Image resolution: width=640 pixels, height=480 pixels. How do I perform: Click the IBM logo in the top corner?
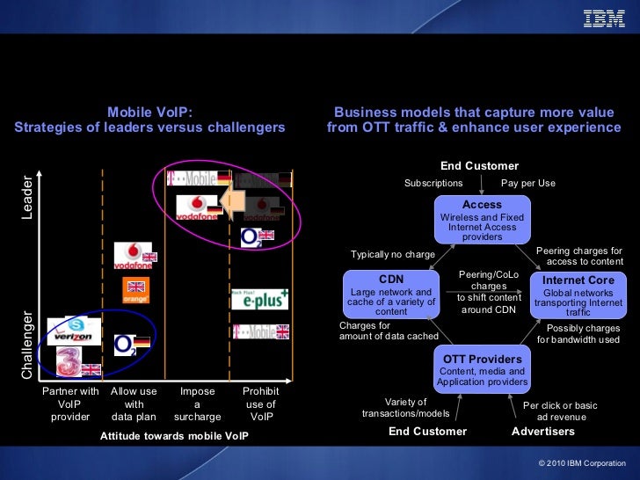click(x=604, y=18)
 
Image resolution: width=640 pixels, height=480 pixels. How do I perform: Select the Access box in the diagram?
click(x=482, y=221)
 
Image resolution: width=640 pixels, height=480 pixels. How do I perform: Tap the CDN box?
click(x=391, y=295)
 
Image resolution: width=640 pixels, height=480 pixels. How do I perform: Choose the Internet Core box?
click(x=578, y=295)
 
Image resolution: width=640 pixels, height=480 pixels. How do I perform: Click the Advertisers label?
click(x=543, y=432)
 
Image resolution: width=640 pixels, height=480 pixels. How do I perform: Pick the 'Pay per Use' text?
click(x=528, y=184)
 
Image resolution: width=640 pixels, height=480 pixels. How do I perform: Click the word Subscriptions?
click(x=433, y=184)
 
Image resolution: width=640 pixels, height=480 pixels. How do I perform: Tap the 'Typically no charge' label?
click(x=393, y=255)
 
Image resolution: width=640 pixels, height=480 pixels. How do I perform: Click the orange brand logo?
click(x=135, y=291)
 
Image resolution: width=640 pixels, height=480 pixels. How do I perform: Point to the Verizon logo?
click(x=73, y=335)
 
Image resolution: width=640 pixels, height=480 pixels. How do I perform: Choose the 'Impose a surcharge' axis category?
click(x=198, y=404)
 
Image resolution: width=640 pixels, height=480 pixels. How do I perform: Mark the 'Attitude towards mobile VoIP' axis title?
click(x=174, y=435)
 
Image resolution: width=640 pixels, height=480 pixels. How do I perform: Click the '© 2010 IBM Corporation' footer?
click(x=581, y=462)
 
